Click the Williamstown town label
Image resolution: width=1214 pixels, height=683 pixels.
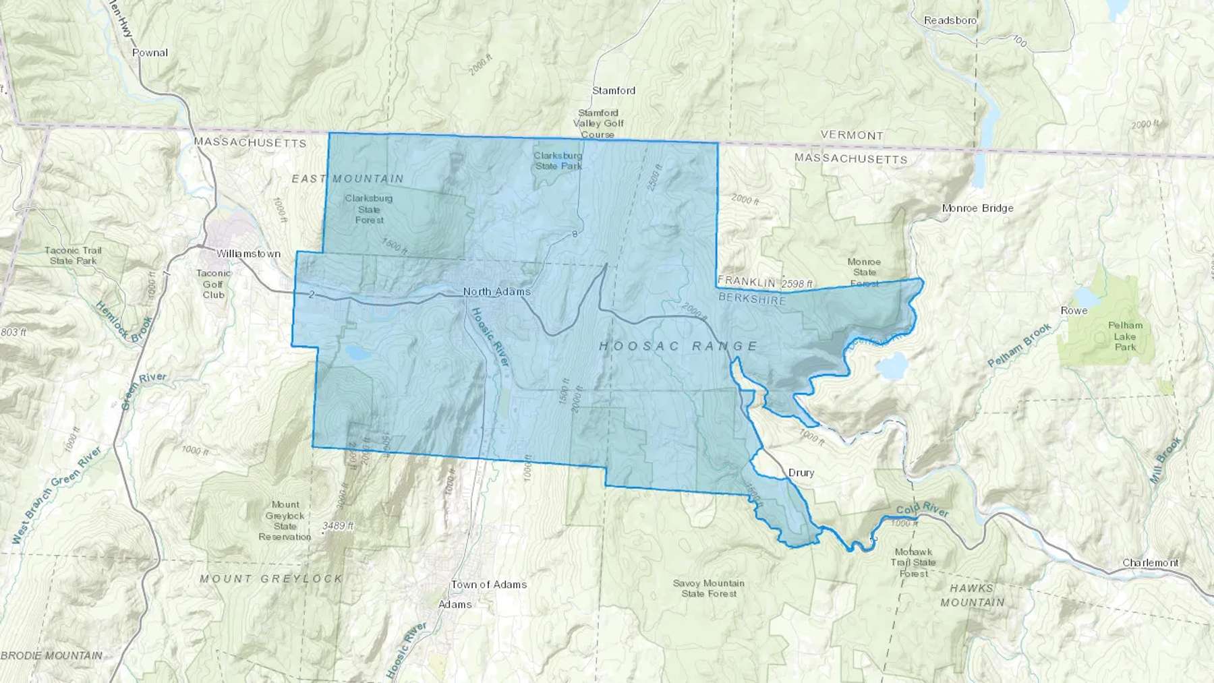(248, 254)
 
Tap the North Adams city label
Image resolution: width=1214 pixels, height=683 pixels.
(496, 291)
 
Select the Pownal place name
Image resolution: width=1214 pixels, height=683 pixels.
(150, 53)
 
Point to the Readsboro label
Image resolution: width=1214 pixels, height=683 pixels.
(950, 20)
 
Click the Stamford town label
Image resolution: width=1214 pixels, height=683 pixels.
(614, 90)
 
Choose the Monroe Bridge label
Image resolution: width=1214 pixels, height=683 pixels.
(977, 208)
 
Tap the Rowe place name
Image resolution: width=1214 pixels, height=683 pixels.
(1074, 311)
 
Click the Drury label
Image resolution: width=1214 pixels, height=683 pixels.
(801, 473)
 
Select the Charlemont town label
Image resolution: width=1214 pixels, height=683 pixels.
(1151, 563)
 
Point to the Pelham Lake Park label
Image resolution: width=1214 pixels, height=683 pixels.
(1125, 336)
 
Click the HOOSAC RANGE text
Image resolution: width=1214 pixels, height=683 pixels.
(679, 346)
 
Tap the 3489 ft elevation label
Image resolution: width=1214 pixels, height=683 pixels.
(338, 525)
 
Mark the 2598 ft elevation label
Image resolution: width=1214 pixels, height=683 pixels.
(797, 284)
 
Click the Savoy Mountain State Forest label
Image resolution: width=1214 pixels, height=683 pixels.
(708, 588)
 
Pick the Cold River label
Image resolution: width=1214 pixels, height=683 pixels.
(922, 512)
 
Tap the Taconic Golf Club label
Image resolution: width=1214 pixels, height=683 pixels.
(213, 284)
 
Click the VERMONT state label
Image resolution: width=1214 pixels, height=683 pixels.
(852, 135)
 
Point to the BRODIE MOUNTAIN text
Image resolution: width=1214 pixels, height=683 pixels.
(52, 655)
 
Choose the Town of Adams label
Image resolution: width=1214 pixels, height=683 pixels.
(489, 585)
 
